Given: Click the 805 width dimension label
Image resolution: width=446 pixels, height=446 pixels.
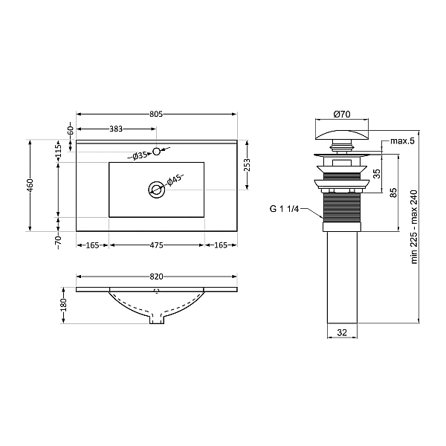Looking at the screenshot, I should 155,114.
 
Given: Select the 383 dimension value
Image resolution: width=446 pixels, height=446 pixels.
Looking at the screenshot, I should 116,129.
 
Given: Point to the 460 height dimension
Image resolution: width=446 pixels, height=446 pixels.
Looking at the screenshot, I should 30,185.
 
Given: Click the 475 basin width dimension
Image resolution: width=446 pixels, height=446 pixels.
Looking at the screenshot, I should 156,245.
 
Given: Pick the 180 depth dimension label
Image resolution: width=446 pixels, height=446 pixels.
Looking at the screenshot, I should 64,305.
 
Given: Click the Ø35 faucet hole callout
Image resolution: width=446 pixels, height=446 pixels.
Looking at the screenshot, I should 139,155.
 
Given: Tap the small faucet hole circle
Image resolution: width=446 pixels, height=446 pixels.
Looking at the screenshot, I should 156,152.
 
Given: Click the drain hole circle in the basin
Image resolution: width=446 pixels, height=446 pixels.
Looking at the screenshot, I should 156,190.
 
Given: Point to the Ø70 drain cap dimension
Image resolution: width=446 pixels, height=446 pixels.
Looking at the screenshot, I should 341,114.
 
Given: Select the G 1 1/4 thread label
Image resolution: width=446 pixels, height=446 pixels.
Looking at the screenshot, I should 285,209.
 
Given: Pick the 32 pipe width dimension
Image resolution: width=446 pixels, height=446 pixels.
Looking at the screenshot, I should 341,334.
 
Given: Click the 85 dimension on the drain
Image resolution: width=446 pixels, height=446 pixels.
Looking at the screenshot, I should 393,192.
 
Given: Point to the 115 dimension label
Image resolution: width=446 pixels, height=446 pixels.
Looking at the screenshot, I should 58,150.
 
